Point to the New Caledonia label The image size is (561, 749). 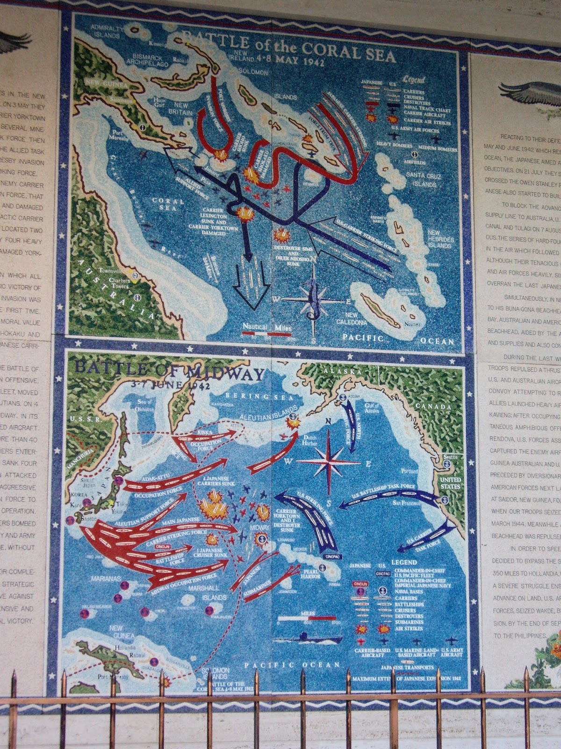352,319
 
